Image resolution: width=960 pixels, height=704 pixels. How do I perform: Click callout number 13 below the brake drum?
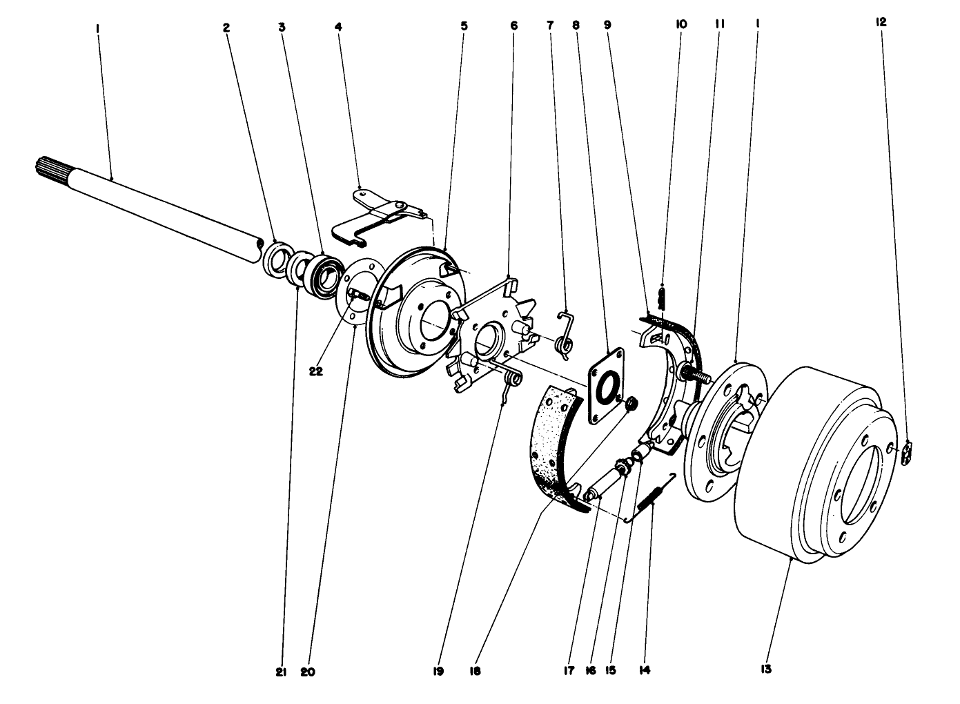click(x=766, y=669)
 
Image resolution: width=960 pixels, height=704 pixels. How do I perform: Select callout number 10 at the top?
click(x=680, y=24)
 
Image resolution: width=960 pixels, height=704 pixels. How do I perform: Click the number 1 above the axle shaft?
click(x=98, y=30)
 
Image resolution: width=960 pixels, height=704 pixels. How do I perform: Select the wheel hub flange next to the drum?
click(x=725, y=428)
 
